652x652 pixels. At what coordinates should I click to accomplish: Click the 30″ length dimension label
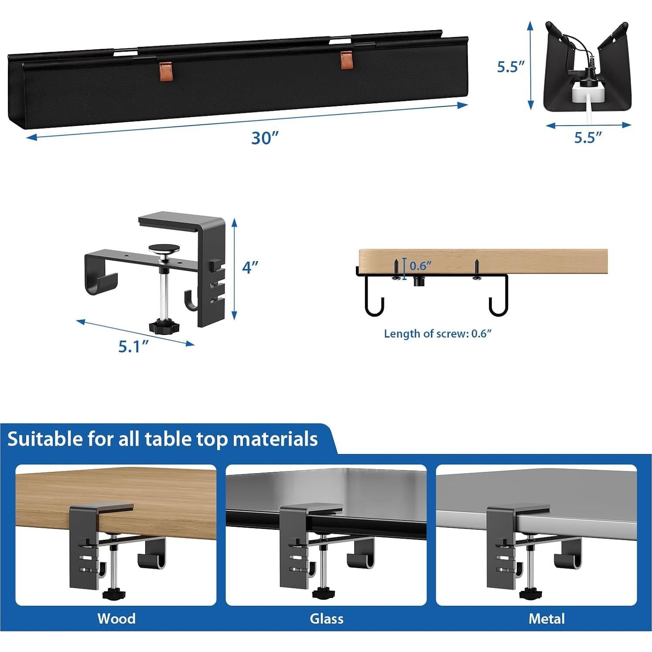(x=264, y=138)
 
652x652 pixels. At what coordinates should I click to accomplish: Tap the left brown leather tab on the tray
(x=165, y=68)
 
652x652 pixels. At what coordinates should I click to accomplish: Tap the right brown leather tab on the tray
(x=346, y=60)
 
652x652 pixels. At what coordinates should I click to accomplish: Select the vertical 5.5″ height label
(x=511, y=67)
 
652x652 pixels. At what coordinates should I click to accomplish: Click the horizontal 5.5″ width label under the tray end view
(x=587, y=137)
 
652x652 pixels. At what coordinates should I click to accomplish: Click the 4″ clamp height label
(x=250, y=267)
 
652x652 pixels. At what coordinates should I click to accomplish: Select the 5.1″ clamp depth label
(x=133, y=346)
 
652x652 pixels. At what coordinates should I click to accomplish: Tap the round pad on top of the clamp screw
(x=164, y=249)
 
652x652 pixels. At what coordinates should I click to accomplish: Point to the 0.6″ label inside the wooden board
(x=420, y=265)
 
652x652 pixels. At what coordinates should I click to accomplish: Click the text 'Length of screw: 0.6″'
(x=437, y=334)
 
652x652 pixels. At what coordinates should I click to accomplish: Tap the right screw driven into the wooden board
(x=477, y=269)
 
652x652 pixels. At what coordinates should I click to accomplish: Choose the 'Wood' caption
(x=116, y=618)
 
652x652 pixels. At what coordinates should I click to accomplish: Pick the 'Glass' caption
(x=326, y=618)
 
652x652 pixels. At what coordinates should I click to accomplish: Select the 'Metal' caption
(x=546, y=618)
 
